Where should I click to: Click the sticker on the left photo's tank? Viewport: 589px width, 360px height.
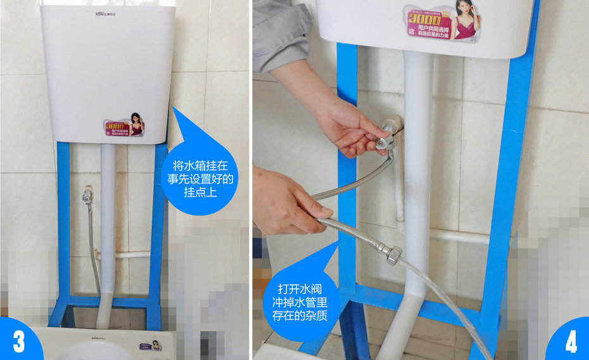pyautogui.click(x=125, y=125)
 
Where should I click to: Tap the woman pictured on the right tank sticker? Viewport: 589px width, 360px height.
pyautogui.click(x=465, y=20)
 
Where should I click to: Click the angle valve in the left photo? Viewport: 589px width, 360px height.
pyautogui.click(x=87, y=195)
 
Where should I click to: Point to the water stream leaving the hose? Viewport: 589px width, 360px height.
pyautogui.click(x=443, y=298)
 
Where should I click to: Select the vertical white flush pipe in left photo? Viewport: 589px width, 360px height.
pyautogui.click(x=108, y=228)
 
